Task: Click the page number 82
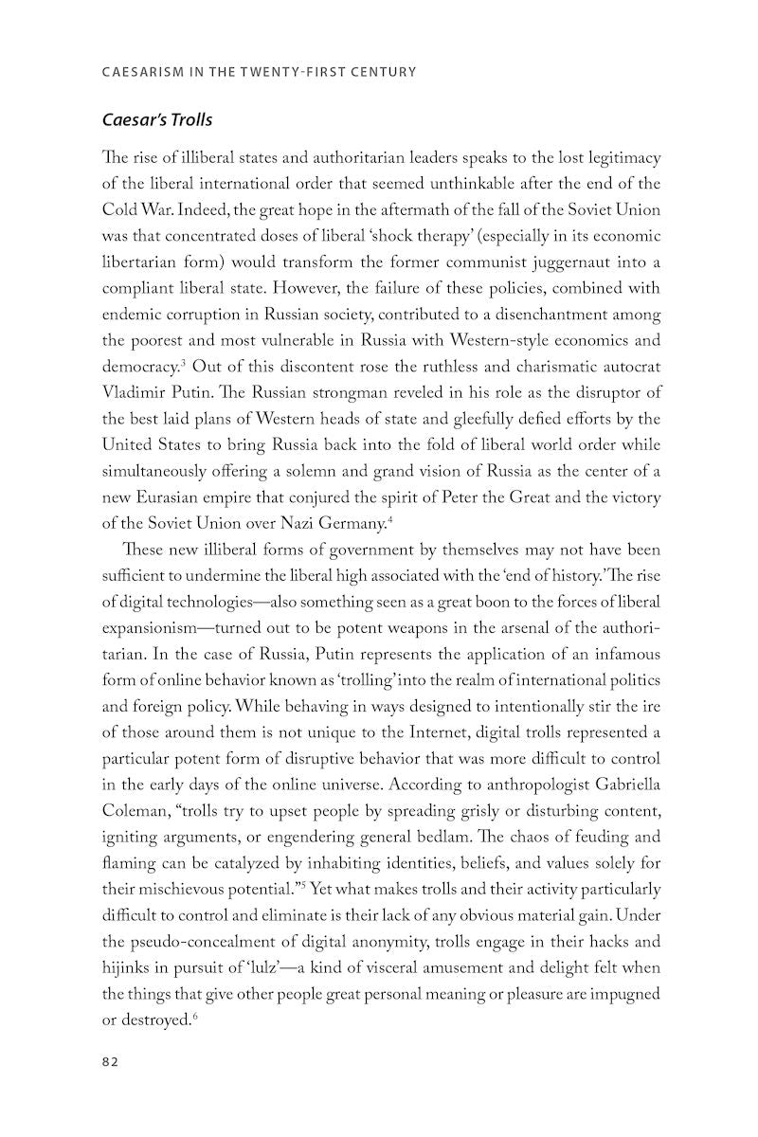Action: pyautogui.click(x=109, y=1063)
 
